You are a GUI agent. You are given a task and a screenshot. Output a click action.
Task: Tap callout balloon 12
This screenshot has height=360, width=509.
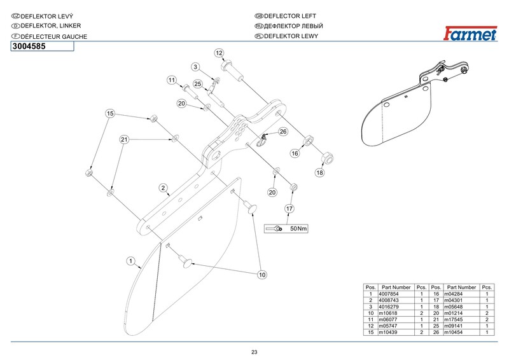219,53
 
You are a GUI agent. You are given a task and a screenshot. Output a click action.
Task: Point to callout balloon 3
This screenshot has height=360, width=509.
196,67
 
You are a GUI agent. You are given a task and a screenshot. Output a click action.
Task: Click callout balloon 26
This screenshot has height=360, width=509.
283,132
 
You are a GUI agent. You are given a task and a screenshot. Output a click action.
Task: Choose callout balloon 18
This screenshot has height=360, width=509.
319,172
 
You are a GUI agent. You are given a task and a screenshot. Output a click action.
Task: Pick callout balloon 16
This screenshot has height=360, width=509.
295,153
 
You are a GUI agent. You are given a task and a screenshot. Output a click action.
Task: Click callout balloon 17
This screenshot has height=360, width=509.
289,208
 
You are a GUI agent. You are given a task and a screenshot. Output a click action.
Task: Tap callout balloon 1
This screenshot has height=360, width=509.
131,260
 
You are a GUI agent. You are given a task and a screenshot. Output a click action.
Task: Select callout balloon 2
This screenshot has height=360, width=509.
164,188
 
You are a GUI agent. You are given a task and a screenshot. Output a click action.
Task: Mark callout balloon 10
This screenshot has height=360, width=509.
261,275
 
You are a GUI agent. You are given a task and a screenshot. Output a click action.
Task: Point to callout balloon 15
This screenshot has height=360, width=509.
110,113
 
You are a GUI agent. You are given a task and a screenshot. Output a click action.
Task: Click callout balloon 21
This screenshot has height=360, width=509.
125,139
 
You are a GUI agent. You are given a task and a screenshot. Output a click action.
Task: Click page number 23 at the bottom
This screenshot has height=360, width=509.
254,352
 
